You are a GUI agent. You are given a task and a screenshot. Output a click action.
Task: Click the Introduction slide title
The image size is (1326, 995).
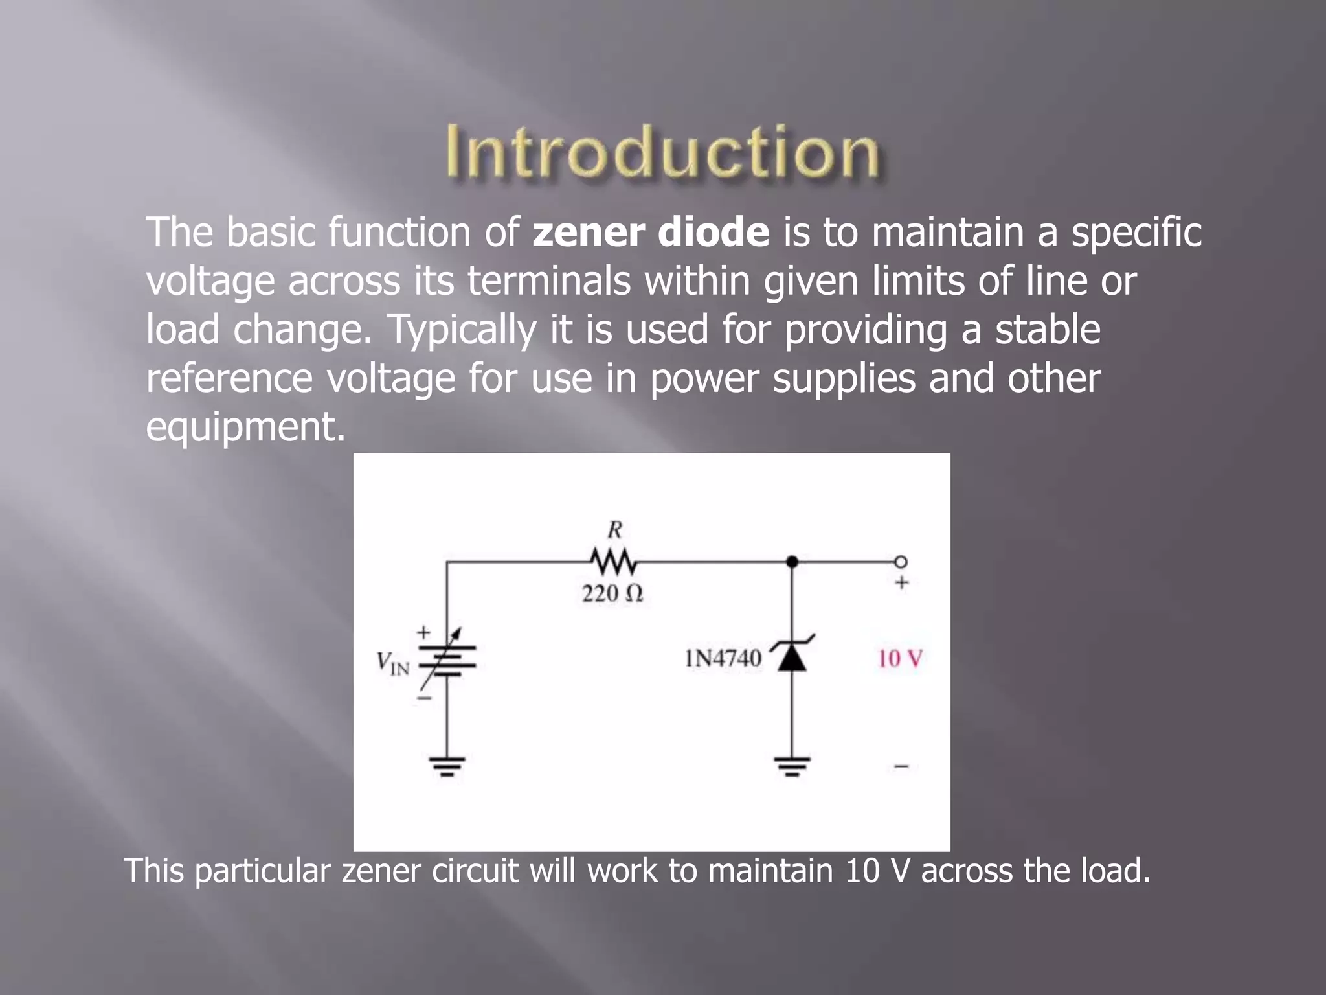tap(662, 152)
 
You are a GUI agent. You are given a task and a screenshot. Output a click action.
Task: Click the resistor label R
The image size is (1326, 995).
tap(614, 531)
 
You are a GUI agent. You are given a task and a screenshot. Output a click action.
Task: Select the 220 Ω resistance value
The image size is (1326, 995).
tap(612, 593)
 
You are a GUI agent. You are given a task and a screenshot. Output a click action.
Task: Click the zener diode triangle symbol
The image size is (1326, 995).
tap(792, 657)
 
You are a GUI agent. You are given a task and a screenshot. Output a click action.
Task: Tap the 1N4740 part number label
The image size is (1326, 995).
tap(723, 659)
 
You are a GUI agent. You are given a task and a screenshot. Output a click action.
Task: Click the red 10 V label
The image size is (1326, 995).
tap(900, 659)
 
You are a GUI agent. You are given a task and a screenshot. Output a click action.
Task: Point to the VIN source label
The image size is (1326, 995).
tap(393, 663)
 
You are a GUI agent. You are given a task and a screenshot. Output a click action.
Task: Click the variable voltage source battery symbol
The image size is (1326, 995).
tap(447, 661)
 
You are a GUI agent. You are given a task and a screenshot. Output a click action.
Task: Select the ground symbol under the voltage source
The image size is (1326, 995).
tap(447, 766)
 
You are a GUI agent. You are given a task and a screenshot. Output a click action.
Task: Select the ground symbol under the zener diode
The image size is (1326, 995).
tap(792, 766)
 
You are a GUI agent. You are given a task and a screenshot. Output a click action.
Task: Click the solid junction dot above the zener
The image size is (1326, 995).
tap(792, 562)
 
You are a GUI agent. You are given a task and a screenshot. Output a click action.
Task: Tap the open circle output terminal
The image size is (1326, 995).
tap(901, 562)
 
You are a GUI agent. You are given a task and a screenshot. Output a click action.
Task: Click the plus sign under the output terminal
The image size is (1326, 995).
tap(901, 583)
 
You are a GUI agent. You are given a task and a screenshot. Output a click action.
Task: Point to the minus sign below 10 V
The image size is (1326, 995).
tap(901, 767)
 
